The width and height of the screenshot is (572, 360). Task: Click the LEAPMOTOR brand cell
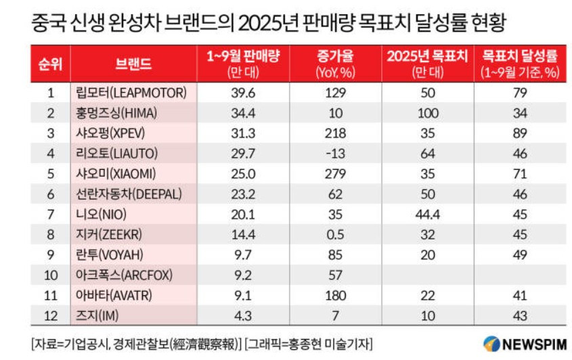(x=131, y=93)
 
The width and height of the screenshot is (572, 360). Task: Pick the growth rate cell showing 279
(x=330, y=175)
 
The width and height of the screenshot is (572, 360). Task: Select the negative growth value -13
(x=330, y=154)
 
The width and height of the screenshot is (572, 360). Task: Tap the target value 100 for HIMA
(x=426, y=113)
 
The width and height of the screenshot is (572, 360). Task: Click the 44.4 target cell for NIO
(x=426, y=215)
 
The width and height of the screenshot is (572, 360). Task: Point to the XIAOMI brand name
(x=119, y=175)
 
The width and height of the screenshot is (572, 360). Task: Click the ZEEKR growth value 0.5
(x=330, y=235)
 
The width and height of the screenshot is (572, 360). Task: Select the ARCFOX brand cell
(x=126, y=276)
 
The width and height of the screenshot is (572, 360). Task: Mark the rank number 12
(x=51, y=317)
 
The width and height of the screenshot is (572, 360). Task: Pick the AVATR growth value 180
(x=330, y=296)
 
